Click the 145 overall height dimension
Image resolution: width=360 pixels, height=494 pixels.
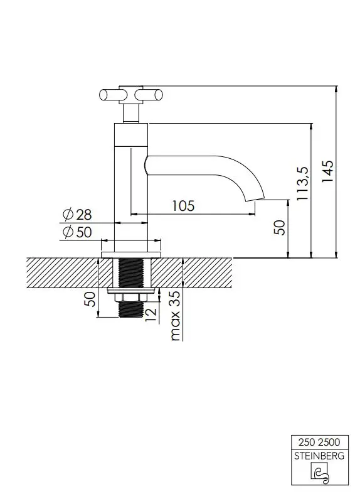pyautogui.click(x=327, y=171)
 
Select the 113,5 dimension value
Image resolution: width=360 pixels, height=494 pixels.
pyautogui.click(x=303, y=183)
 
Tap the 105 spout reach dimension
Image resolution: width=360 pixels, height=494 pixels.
pyautogui.click(x=184, y=206)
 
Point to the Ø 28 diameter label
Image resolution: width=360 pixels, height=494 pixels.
pyautogui.click(x=77, y=215)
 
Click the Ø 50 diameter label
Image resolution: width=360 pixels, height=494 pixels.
pyautogui.click(x=77, y=232)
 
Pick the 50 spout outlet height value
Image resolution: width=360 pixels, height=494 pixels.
pyautogui.click(x=280, y=227)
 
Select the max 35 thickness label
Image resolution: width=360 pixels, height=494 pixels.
pyautogui.click(x=175, y=316)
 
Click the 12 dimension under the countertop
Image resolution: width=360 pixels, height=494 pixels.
pyautogui.click(x=151, y=314)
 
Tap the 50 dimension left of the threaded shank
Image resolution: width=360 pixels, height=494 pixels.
pyautogui.click(x=90, y=299)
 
